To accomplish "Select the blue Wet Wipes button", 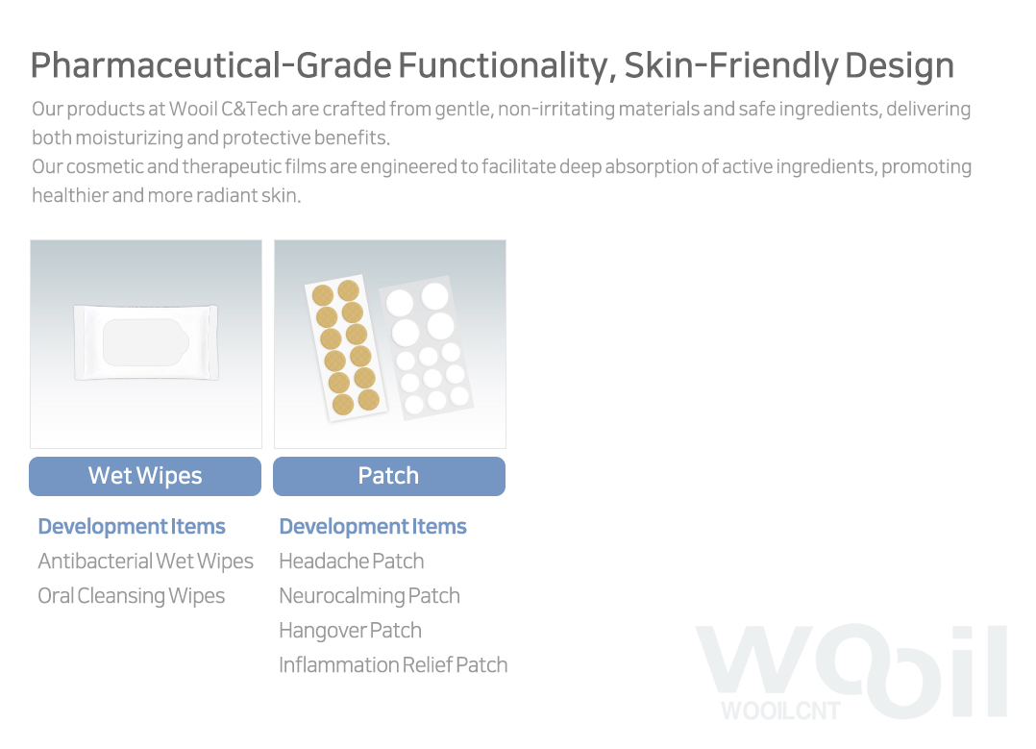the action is coord(145,476).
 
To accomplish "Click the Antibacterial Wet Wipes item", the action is coord(145,562).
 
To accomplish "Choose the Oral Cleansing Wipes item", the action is coord(132,595).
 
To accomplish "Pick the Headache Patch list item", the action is coord(352,562).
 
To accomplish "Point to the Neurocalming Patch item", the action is coord(369,595).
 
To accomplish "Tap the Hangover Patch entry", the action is coord(350,631).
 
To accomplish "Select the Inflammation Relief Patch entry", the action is coord(393,665).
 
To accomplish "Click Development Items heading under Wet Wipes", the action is coord(132,526).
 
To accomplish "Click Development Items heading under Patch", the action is coord(373,526).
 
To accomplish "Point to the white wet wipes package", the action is coord(146,342).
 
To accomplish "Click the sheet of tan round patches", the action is coord(346,348).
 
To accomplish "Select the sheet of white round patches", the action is coord(426,348).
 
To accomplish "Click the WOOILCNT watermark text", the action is coord(780,711).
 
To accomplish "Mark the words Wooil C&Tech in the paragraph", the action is coord(228,109).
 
